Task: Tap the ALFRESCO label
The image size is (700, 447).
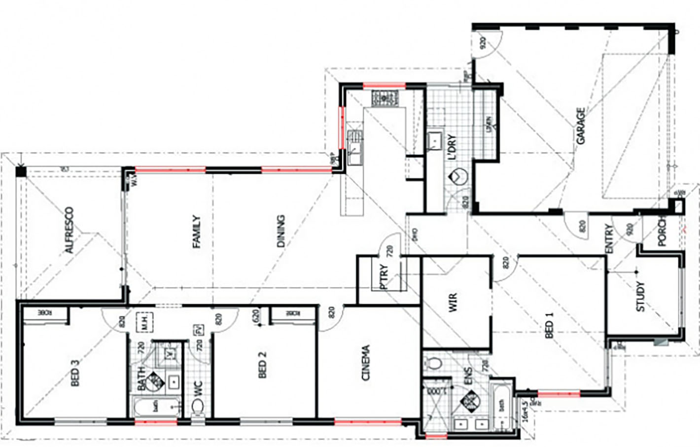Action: (70, 230)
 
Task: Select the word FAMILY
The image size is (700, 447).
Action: (196, 231)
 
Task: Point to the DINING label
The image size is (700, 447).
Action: (280, 231)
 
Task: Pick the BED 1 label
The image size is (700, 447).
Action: (550, 326)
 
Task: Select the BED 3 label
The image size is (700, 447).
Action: (75, 373)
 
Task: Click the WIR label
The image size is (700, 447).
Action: (453, 302)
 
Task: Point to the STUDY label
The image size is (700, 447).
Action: (640, 296)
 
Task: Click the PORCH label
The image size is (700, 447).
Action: (662, 231)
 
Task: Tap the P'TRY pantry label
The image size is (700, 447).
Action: (384, 276)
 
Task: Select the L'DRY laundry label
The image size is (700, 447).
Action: (453, 147)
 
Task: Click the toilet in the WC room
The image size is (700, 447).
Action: (197, 407)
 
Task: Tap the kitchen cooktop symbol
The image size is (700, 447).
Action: (385, 98)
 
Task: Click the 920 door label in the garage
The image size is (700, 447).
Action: (483, 43)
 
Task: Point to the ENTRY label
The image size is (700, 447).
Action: (609, 239)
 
